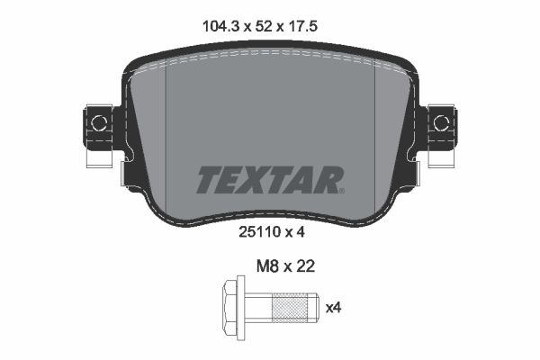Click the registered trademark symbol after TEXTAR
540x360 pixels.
click(x=341, y=190)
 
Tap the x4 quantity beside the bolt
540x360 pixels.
click(x=333, y=309)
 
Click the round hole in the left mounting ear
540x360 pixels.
click(x=100, y=122)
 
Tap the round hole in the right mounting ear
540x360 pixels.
click(x=441, y=122)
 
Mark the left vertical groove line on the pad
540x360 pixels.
click(x=169, y=117)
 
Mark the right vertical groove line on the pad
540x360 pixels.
click(x=373, y=117)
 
